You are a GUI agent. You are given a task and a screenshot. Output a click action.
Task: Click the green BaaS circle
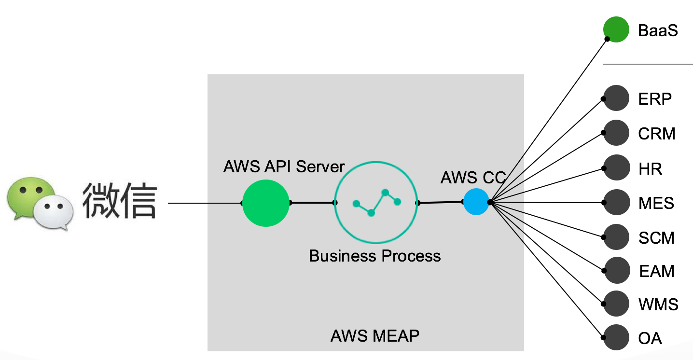pos(616,29)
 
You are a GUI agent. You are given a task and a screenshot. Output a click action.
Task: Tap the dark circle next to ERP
pos(616,98)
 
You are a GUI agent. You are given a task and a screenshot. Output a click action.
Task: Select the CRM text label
pos(656,134)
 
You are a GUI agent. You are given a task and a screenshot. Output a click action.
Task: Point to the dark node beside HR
pos(616,167)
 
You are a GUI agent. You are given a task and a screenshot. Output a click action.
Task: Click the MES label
pos(656,203)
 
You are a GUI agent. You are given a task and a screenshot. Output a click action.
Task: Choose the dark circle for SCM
pos(616,237)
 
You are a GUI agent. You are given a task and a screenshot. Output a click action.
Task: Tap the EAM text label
pos(656,271)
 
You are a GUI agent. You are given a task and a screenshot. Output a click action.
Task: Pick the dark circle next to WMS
pos(616,304)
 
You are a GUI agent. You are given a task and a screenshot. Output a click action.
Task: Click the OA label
pos(650,338)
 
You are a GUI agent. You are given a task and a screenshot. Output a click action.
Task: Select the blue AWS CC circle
pos(476,202)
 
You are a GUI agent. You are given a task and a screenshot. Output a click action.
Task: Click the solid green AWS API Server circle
pos(266,203)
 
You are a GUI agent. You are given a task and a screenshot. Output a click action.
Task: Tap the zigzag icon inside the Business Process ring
pos(377,202)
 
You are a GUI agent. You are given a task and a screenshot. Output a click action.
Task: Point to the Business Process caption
pos(374,255)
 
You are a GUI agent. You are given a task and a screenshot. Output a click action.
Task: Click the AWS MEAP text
pos(374,335)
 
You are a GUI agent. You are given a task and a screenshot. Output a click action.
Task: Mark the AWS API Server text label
pos(284,166)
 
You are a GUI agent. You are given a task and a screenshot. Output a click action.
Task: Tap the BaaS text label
pos(658,30)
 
